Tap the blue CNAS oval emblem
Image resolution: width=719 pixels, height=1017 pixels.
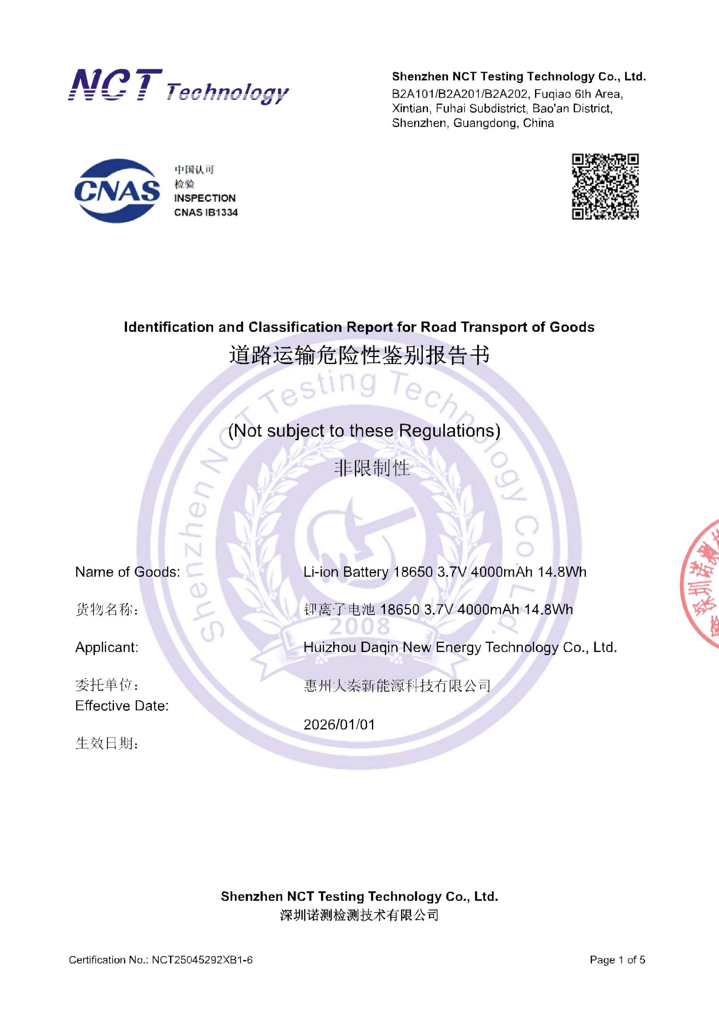tap(117, 191)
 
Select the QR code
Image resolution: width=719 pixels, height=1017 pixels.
tap(605, 186)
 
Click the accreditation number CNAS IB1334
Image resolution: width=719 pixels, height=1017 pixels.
tap(205, 213)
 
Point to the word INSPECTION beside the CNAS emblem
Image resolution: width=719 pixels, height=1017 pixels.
tap(205, 198)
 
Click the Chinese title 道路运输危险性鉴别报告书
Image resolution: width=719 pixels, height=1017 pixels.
tap(359, 355)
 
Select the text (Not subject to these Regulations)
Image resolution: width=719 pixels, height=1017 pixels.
tap(364, 430)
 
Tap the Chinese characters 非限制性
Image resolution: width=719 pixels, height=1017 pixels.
tap(372, 468)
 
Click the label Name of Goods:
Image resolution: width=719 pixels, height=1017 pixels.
tap(128, 572)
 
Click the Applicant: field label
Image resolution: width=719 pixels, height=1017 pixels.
tap(107, 647)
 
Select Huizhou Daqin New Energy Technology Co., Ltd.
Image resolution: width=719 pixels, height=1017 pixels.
tap(460, 647)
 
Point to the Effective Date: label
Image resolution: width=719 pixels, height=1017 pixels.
tap(122, 706)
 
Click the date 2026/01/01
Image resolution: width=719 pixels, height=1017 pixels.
tap(339, 725)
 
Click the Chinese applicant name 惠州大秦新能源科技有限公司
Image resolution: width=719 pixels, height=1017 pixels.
tap(397, 686)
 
